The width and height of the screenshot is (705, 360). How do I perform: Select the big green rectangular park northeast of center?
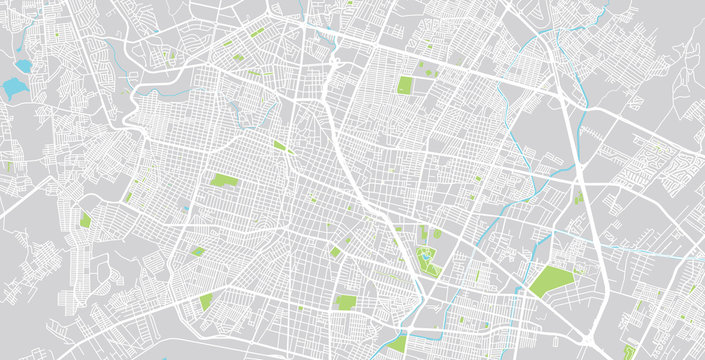pos(405,85)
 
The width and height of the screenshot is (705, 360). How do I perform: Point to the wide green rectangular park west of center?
pos(224,181)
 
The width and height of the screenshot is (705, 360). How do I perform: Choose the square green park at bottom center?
pos(345,302)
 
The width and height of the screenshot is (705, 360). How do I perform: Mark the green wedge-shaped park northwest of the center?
pos(280,146)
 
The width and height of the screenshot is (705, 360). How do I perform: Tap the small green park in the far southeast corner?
pos(629,350)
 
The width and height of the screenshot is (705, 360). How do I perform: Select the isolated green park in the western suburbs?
pos(85,219)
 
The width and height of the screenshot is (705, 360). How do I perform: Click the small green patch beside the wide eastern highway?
pos(578,198)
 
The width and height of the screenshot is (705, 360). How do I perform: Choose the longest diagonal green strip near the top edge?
pos(257,33)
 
